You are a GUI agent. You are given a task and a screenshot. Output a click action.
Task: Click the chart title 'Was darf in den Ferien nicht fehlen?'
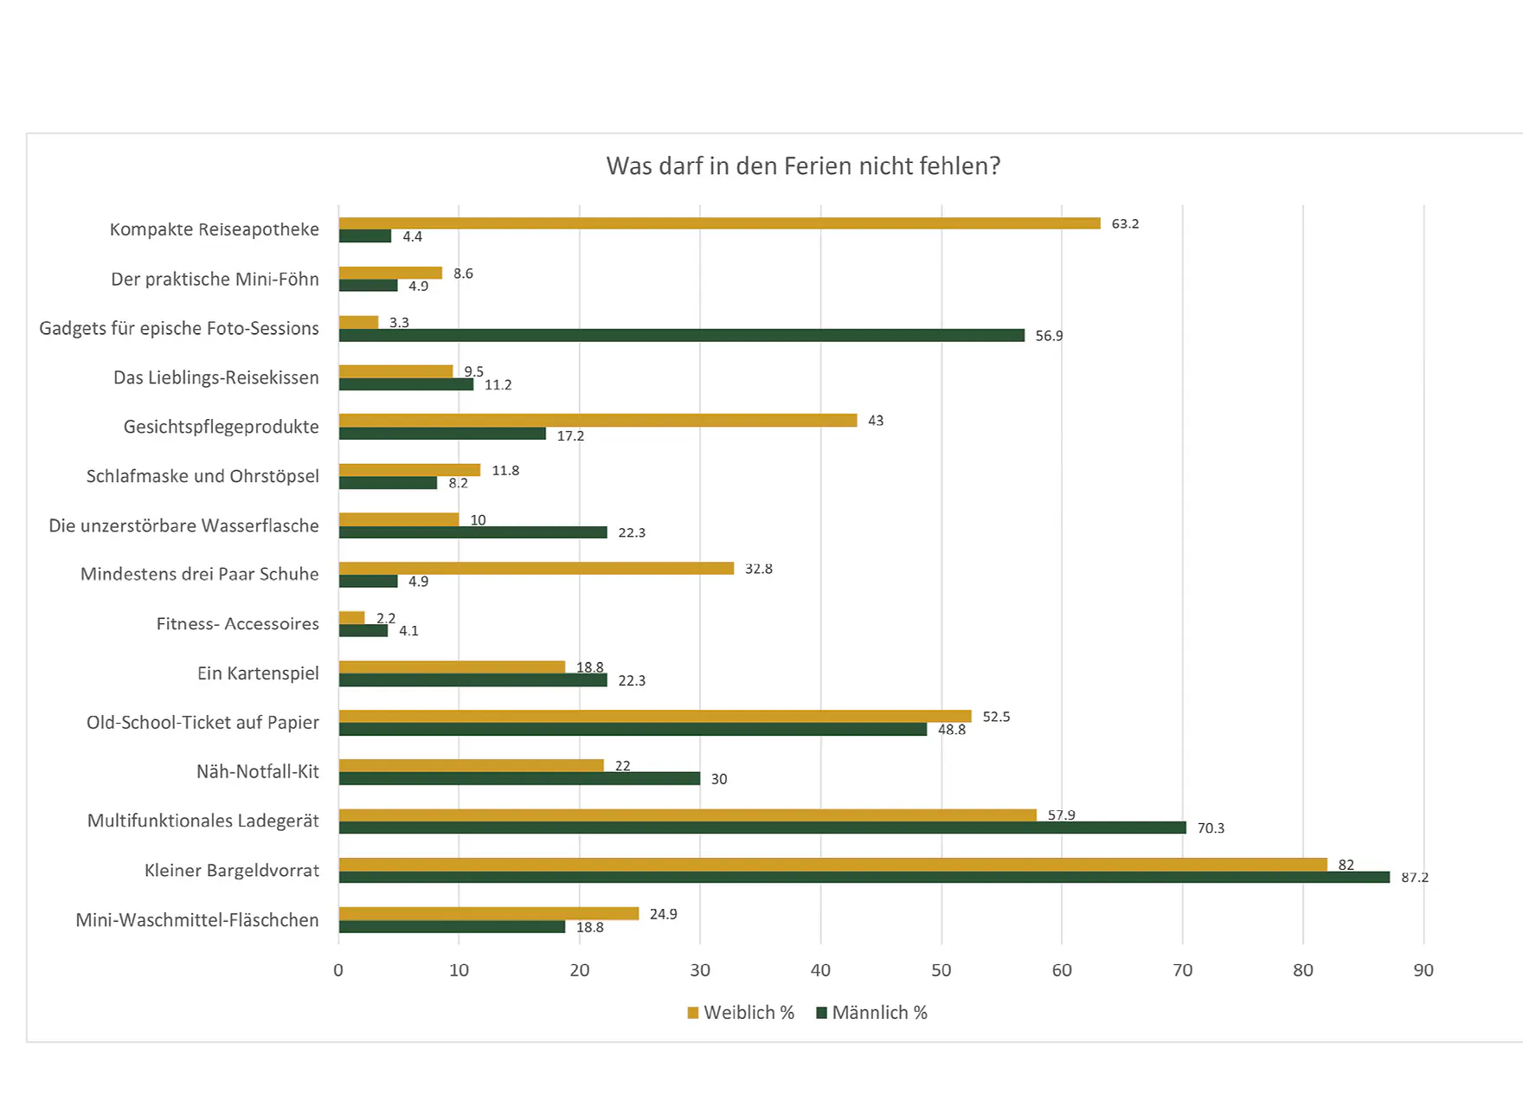(x=803, y=165)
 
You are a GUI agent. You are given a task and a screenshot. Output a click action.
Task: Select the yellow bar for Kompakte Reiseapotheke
(x=719, y=223)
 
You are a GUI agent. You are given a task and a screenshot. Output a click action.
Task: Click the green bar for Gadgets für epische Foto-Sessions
(x=681, y=335)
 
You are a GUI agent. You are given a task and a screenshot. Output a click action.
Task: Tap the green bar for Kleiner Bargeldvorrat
(x=864, y=877)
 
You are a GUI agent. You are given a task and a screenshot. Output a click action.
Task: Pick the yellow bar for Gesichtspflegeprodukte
(x=597, y=420)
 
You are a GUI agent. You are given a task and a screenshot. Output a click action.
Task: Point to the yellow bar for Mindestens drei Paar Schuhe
(x=536, y=569)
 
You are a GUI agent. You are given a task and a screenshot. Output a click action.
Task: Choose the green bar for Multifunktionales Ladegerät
(x=761, y=828)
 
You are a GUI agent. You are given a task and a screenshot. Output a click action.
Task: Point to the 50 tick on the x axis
(x=941, y=970)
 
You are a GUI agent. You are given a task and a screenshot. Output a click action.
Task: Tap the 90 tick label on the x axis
(x=1423, y=970)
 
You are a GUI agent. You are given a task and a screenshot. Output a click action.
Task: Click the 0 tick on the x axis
(x=338, y=970)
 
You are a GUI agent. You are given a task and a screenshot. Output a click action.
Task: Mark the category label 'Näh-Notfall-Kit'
(x=258, y=771)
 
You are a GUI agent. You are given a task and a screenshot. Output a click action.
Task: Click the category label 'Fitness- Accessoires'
(x=237, y=623)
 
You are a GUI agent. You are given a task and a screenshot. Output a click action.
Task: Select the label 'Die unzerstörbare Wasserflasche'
(x=183, y=525)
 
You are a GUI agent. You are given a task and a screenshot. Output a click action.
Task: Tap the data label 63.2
(x=1125, y=223)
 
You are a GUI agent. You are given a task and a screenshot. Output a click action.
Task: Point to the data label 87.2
(x=1415, y=877)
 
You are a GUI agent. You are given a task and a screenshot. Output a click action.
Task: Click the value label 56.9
(x=1049, y=336)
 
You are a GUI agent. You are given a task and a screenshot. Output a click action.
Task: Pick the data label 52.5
(x=996, y=717)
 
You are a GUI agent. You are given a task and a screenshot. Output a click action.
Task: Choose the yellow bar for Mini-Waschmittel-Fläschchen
(x=488, y=913)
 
